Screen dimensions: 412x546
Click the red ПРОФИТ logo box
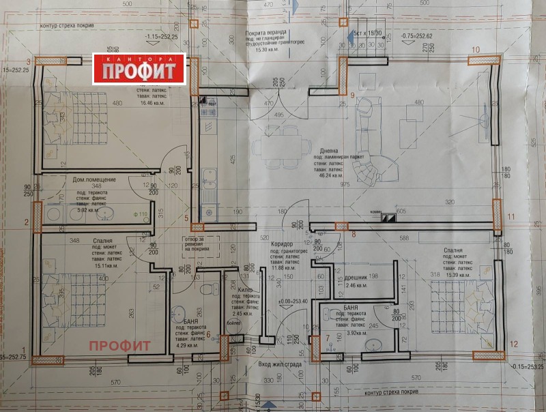tap(139, 68)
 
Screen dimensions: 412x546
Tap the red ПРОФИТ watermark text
tap(119, 345)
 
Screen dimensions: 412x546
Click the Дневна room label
tap(329, 151)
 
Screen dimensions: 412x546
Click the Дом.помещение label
tap(94, 179)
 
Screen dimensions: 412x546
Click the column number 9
tap(353, 94)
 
